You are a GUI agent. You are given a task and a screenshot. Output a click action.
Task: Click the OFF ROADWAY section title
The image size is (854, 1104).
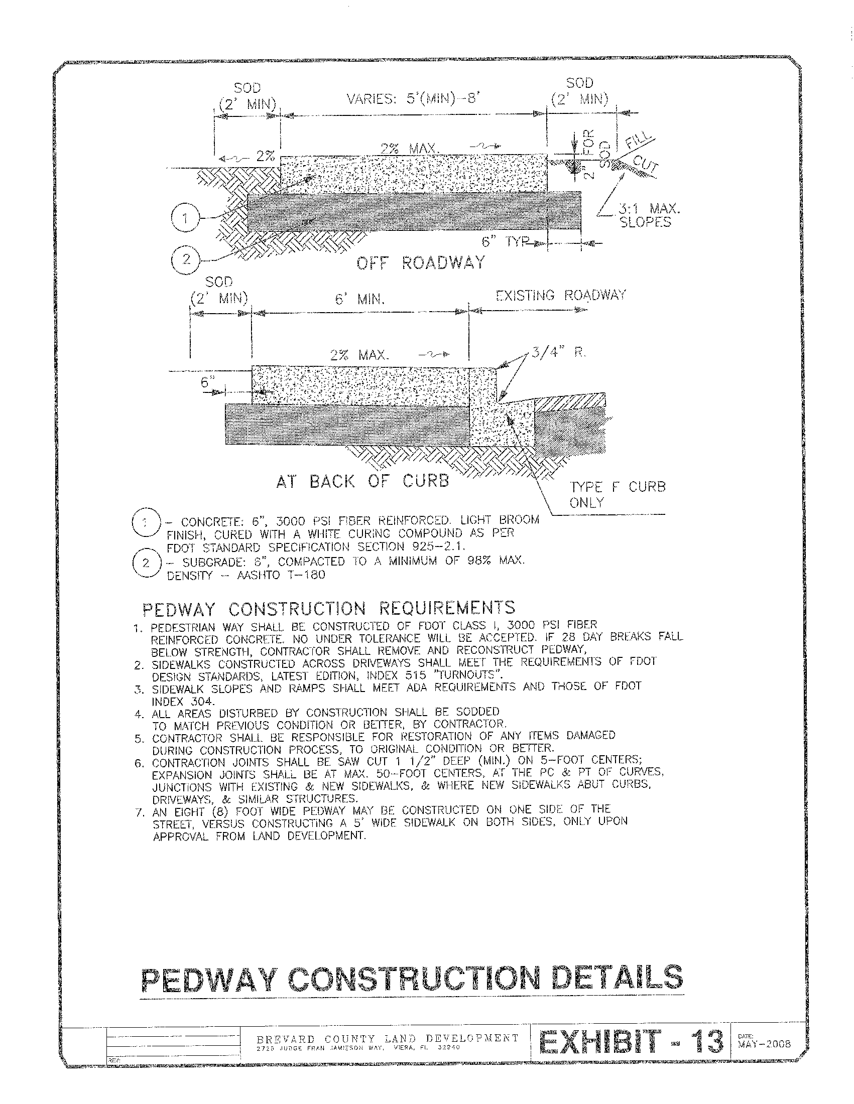tap(420, 263)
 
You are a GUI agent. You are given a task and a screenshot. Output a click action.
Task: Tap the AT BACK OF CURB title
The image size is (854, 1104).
tap(362, 481)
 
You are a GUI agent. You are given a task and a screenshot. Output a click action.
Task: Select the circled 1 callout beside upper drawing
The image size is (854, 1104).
tap(186, 218)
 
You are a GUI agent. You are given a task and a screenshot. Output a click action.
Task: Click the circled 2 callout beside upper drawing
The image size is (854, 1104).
tap(186, 260)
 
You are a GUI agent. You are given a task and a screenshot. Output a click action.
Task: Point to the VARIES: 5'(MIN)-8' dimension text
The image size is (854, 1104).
tap(412, 99)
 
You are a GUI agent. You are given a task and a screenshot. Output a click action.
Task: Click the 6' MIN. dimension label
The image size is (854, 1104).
tap(359, 300)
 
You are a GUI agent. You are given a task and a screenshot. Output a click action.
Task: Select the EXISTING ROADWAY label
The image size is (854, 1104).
tap(561, 295)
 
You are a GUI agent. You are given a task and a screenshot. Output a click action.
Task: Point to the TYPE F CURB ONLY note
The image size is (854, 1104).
tap(618, 494)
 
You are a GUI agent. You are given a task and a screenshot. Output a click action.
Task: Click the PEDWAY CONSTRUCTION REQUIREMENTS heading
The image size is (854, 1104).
tap(329, 608)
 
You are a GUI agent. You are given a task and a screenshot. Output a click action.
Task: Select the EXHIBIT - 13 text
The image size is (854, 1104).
tap(631, 1042)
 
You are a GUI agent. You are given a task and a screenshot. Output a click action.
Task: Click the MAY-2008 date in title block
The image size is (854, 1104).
tap(764, 1043)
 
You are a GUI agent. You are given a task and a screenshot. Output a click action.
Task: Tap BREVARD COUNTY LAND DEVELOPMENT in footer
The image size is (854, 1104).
tap(388, 1038)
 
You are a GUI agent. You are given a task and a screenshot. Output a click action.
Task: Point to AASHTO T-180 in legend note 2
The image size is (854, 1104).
tap(281, 575)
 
